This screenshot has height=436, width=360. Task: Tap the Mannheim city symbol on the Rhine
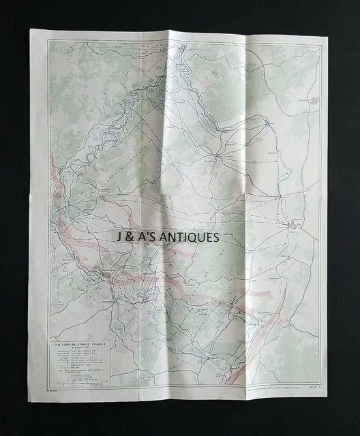294,224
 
